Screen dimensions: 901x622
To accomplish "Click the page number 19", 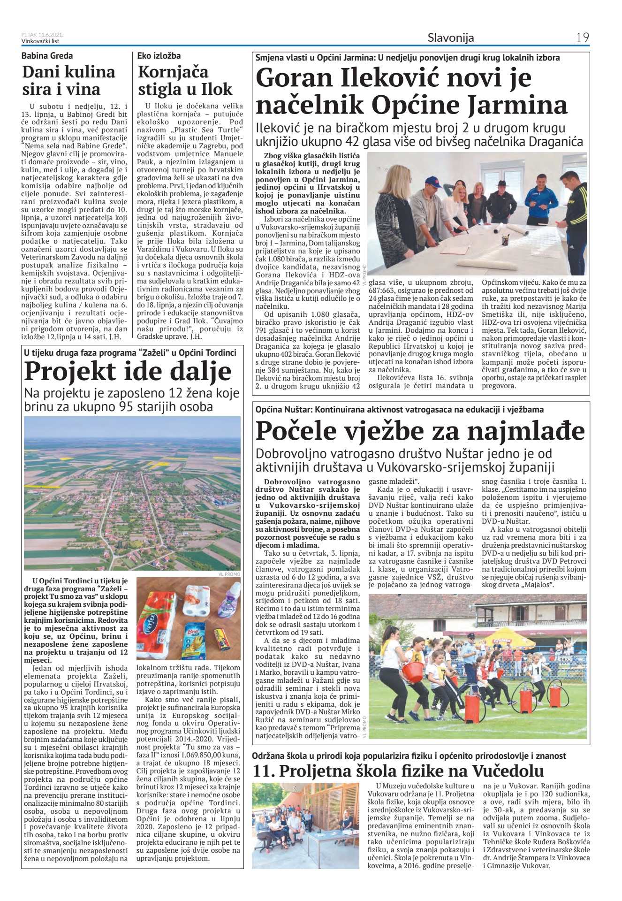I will (582, 38).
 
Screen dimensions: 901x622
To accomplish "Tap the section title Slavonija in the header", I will (450, 38).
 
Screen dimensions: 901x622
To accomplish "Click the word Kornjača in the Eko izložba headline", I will (173, 72).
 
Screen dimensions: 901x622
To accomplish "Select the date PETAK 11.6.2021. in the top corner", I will (42, 34).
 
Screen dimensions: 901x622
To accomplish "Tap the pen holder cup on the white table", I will (506, 240).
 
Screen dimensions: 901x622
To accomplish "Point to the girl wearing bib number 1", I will (535, 676).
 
